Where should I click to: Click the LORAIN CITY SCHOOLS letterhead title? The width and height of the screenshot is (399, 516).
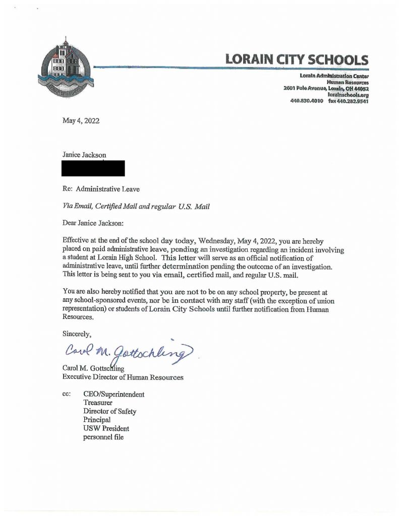[297, 59]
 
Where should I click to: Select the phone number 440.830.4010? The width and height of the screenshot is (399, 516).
[307, 101]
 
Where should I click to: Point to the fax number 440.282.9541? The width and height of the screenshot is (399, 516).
[348, 101]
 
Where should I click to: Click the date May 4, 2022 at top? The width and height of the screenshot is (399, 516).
[81, 121]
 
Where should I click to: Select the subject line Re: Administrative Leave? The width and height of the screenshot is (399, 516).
[100, 190]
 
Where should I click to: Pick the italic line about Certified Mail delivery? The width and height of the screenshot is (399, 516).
[135, 206]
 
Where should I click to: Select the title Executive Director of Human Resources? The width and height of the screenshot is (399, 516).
[123, 377]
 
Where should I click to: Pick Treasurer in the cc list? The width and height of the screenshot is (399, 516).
[98, 403]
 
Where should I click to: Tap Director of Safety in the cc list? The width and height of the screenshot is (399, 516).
[109, 412]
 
